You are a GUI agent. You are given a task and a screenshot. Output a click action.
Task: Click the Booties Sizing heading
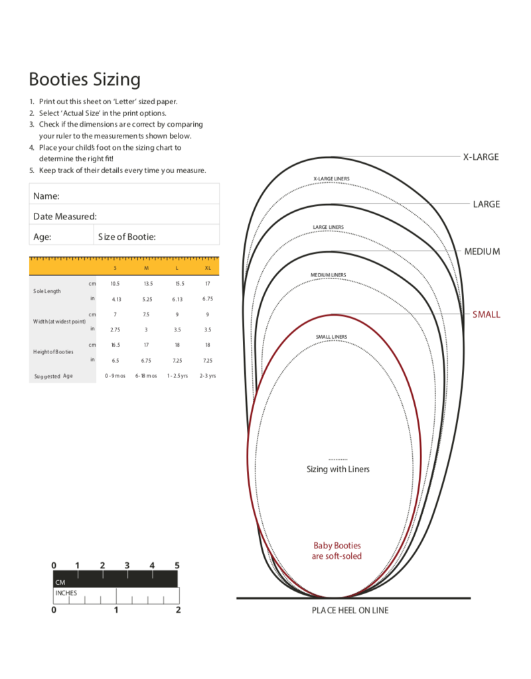tap(84, 80)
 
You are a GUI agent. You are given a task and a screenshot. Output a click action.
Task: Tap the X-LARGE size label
tap(481, 157)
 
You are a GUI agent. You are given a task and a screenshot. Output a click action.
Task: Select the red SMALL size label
tap(486, 314)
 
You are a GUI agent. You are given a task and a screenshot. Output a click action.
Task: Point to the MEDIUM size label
tap(482, 252)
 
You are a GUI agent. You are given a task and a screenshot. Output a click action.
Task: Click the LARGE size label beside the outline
tap(486, 204)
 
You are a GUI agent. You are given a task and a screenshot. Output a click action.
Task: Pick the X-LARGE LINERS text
tap(331, 179)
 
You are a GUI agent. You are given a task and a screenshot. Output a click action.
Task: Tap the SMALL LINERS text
tap(331, 337)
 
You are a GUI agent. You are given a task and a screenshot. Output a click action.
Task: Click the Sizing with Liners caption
tap(338, 469)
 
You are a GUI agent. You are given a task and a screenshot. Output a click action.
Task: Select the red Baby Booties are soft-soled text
tap(337, 551)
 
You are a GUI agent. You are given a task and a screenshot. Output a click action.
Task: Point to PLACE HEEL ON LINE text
tap(350, 610)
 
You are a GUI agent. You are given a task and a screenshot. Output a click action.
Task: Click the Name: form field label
tap(46, 196)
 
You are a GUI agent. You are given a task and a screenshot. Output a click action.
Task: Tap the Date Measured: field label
tap(65, 216)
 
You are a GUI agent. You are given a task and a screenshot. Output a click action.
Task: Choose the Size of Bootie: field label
tap(127, 237)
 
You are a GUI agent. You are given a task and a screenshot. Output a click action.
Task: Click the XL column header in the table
tap(208, 268)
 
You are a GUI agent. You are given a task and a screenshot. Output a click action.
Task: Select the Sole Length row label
tap(47, 291)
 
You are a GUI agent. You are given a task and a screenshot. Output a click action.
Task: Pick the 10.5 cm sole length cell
tap(115, 284)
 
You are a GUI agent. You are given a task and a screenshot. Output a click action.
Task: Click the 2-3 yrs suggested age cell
tap(208, 376)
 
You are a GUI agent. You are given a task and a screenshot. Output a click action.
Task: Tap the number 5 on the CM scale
tap(177, 566)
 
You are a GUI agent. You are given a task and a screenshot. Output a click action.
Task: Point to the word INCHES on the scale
tap(66, 593)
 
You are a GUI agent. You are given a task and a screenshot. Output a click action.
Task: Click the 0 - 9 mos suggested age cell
tap(115, 376)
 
